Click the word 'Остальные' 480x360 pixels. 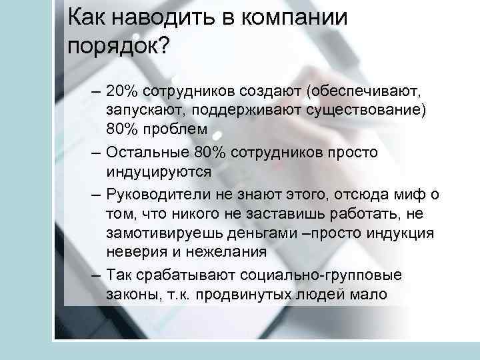[142, 153]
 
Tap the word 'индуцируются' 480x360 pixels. [159, 171]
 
